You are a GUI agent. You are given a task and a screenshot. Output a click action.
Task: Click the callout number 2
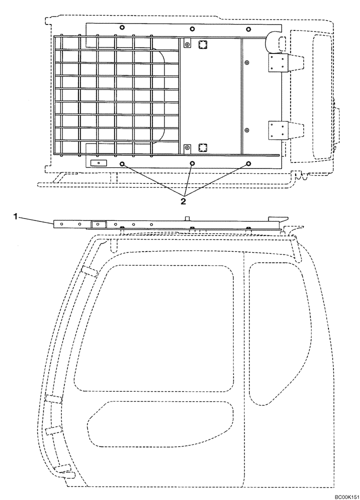click(x=183, y=201)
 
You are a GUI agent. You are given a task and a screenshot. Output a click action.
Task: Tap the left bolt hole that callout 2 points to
click(x=122, y=163)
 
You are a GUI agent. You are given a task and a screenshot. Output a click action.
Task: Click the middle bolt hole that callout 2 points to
click(x=192, y=163)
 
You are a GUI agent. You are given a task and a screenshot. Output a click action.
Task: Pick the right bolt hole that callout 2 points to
click(x=248, y=163)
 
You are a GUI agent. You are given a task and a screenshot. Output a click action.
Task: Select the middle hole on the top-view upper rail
click(x=192, y=29)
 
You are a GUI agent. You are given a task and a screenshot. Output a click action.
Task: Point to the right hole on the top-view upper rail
click(x=248, y=29)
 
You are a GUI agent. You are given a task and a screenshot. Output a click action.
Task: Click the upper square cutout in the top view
click(x=202, y=45)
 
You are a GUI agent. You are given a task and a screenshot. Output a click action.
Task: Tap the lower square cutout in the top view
click(x=202, y=147)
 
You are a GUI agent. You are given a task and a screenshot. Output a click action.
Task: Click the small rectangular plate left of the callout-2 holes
click(x=99, y=163)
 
